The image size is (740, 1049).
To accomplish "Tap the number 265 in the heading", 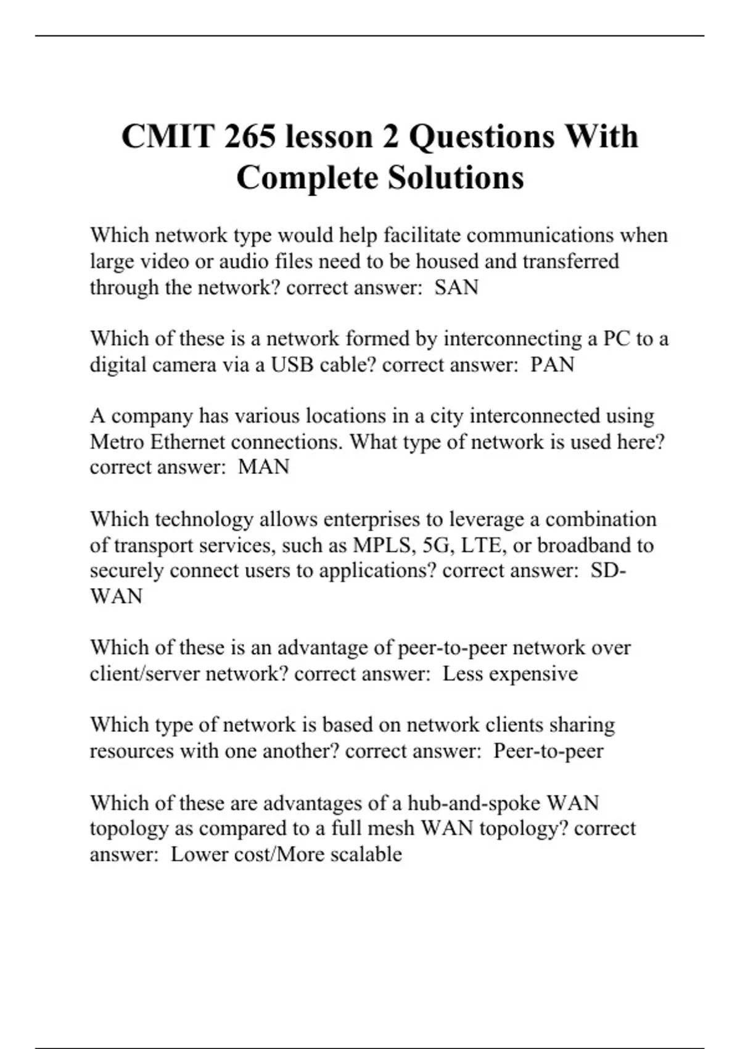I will pyautogui.click(x=250, y=136).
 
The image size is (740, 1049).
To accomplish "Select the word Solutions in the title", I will pyautogui.click(x=456, y=178).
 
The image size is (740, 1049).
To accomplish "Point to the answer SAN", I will pyautogui.click(x=456, y=287).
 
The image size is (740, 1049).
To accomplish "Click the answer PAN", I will pyautogui.click(x=553, y=364).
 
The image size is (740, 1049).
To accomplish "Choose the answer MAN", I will pyautogui.click(x=263, y=466).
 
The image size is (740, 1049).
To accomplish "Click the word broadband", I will pyautogui.click(x=584, y=545).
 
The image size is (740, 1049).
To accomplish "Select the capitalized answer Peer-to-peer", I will pyautogui.click(x=548, y=750).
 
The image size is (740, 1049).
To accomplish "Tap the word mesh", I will pyautogui.click(x=390, y=828).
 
